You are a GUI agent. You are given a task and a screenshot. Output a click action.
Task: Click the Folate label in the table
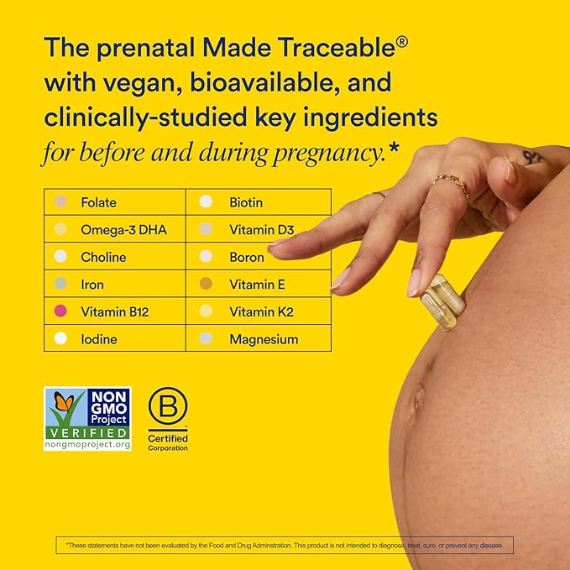point(98,202)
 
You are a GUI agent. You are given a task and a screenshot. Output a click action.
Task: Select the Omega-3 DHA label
point(115,229)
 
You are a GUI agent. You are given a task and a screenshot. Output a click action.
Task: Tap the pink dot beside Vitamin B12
point(60,311)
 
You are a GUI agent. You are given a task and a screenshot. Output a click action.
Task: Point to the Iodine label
point(98,339)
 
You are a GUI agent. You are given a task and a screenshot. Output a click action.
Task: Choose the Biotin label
point(246,202)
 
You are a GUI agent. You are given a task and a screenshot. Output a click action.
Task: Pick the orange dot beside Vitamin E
point(206,285)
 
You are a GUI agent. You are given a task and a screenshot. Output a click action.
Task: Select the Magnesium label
point(264,339)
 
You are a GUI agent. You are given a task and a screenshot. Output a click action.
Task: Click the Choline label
point(103,257)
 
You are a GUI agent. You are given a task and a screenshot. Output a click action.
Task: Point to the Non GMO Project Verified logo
point(87,418)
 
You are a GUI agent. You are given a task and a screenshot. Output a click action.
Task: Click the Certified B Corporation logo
point(168,418)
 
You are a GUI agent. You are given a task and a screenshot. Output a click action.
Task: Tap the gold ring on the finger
point(451,183)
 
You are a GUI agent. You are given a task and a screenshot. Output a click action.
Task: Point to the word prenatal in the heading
point(149,48)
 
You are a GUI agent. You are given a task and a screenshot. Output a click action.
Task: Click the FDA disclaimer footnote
point(285,546)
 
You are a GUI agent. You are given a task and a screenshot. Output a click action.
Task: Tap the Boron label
point(247,257)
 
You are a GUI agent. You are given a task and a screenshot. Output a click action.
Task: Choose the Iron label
point(92,285)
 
